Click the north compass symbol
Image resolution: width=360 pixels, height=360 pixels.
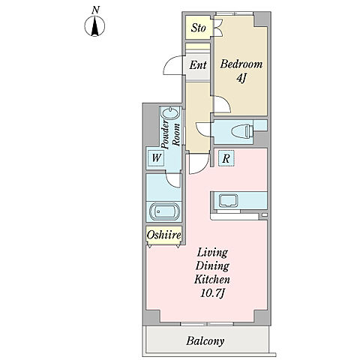(x=94, y=25)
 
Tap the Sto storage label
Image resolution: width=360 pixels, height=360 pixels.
(x=198, y=28)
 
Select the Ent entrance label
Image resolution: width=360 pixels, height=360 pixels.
(x=198, y=65)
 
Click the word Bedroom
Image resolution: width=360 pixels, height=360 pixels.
(x=241, y=64)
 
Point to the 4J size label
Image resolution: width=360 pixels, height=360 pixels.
(x=241, y=79)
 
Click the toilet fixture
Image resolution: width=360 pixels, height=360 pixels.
(x=241, y=131)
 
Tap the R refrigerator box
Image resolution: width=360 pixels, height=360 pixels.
(x=226, y=158)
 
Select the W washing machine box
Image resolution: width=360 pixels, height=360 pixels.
(x=156, y=157)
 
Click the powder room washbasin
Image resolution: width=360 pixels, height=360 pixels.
(x=171, y=113)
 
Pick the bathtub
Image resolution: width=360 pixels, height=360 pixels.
(x=164, y=211)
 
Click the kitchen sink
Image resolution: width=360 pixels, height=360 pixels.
(x=228, y=201)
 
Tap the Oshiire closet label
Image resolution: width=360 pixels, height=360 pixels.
(x=163, y=235)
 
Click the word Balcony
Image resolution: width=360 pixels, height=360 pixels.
(x=205, y=341)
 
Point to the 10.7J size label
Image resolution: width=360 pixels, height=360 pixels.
(x=212, y=293)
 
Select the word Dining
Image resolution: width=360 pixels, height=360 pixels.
(x=212, y=266)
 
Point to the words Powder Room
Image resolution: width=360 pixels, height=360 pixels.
(x=170, y=134)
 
